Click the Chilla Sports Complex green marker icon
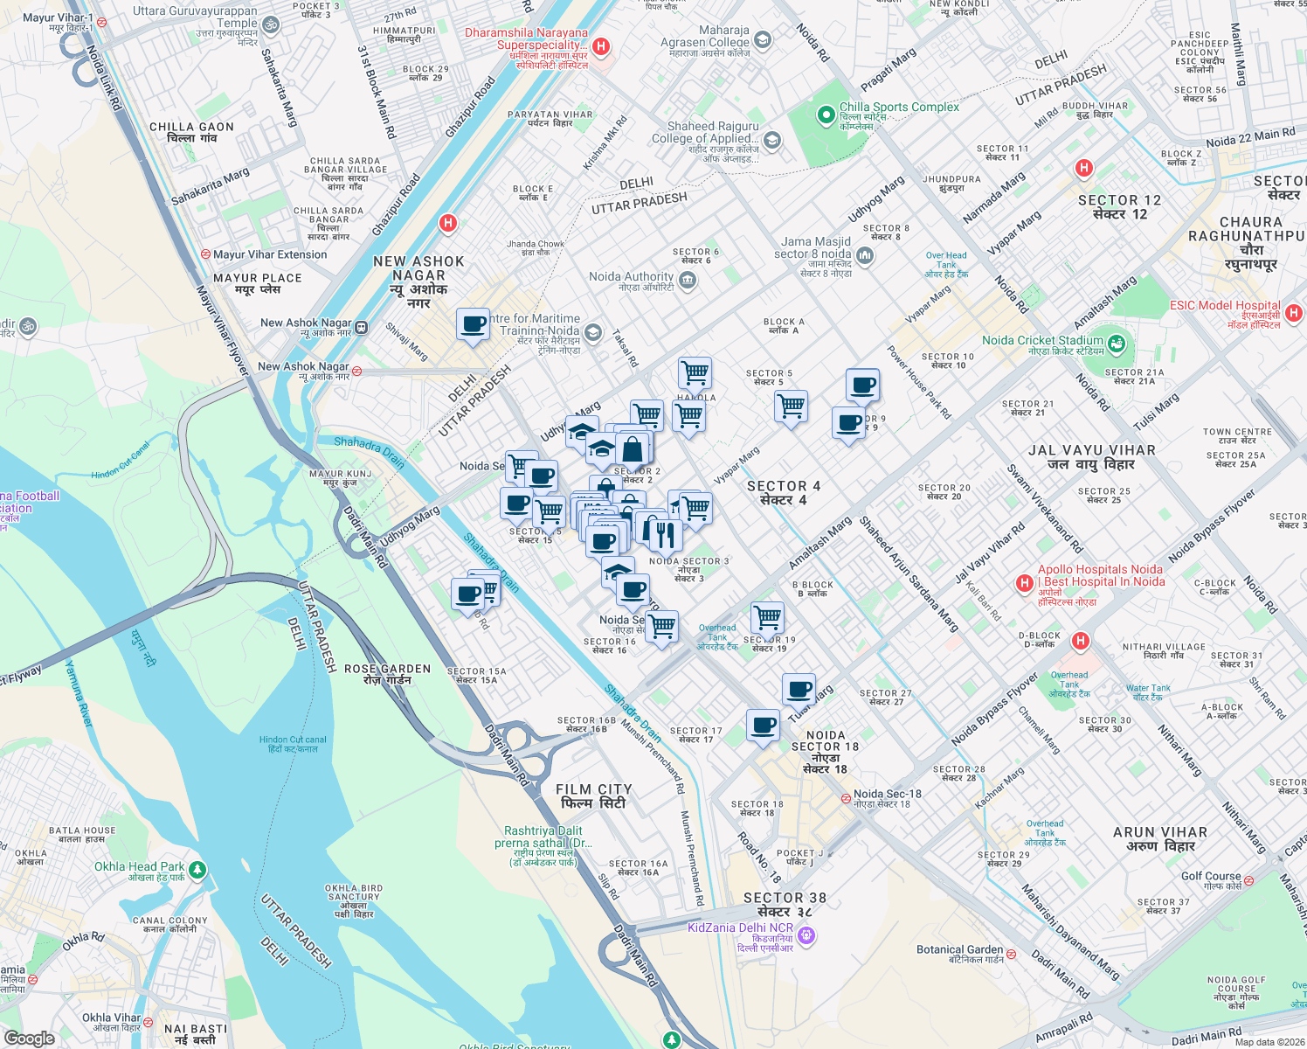click(x=826, y=115)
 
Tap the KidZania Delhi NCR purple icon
click(x=806, y=935)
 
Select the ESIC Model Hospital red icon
click(x=1294, y=312)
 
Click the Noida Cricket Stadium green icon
click(x=1116, y=344)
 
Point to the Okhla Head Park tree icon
click(x=197, y=870)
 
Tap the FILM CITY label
click(x=593, y=795)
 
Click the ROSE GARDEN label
click(x=387, y=674)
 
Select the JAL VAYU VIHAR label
click(x=1091, y=456)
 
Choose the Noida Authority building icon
click(x=688, y=281)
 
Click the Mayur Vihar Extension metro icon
click(x=205, y=254)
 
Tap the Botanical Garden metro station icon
click(x=1011, y=952)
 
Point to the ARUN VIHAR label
click(x=1159, y=838)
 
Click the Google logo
click(x=29, y=1038)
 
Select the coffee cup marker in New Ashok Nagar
click(x=473, y=324)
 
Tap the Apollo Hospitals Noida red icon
click(x=1024, y=583)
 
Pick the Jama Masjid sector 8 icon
click(x=865, y=254)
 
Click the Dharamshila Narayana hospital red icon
click(x=601, y=46)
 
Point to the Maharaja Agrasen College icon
click(x=763, y=40)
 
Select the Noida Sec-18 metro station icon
click(x=846, y=798)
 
